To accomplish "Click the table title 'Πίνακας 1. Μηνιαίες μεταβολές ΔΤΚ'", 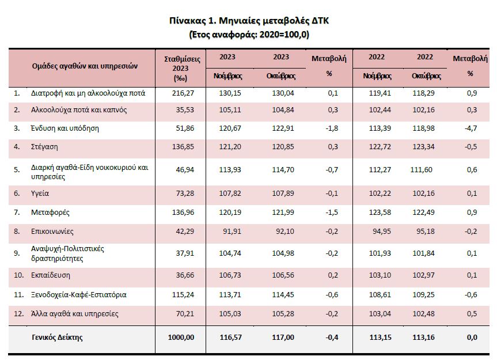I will (x=249, y=21).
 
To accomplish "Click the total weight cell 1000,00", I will (x=181, y=338).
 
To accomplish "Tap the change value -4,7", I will (x=470, y=128).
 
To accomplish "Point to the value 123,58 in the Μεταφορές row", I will (x=378, y=213).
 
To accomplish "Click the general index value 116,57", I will (x=231, y=338).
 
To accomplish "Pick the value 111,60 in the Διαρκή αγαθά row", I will (x=427, y=168).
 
